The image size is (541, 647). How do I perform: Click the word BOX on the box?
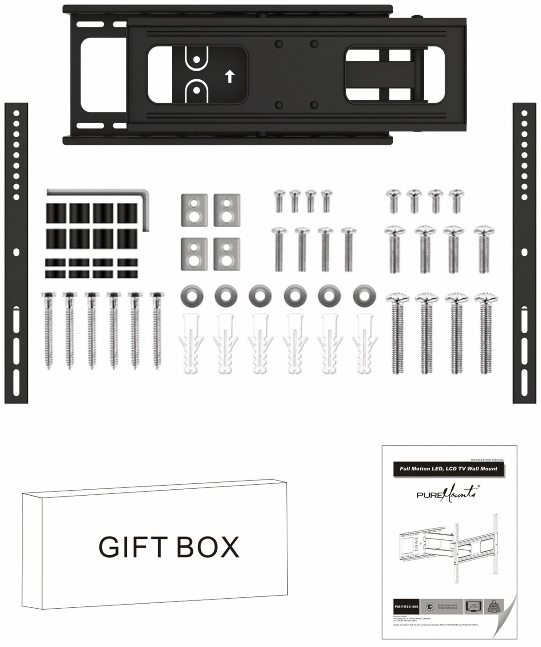point(208,546)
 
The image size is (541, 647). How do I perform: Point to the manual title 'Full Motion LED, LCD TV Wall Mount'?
point(448,468)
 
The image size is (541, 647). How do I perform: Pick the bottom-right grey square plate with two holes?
point(227,254)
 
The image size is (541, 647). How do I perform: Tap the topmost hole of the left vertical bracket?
point(16,112)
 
